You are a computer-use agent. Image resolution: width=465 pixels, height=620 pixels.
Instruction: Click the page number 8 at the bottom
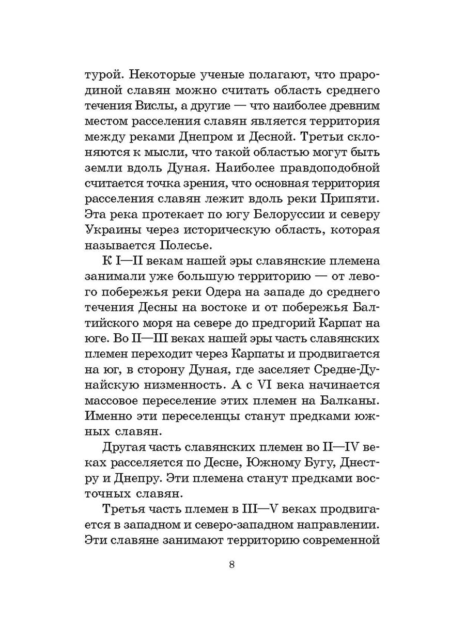pos(232,564)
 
